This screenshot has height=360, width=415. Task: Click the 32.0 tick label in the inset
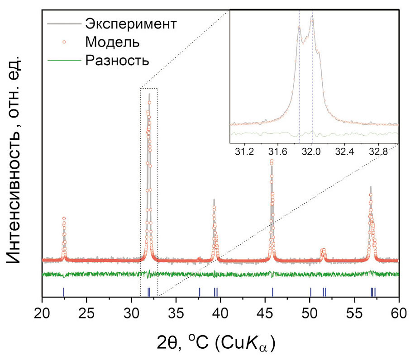tap(312, 151)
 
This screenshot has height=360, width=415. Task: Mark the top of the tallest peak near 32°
tap(149, 94)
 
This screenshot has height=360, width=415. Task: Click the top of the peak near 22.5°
tap(64, 218)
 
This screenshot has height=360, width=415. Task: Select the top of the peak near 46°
tap(272, 161)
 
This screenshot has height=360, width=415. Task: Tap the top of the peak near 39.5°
tap(214, 199)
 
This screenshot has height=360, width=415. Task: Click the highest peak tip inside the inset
tap(312, 16)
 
